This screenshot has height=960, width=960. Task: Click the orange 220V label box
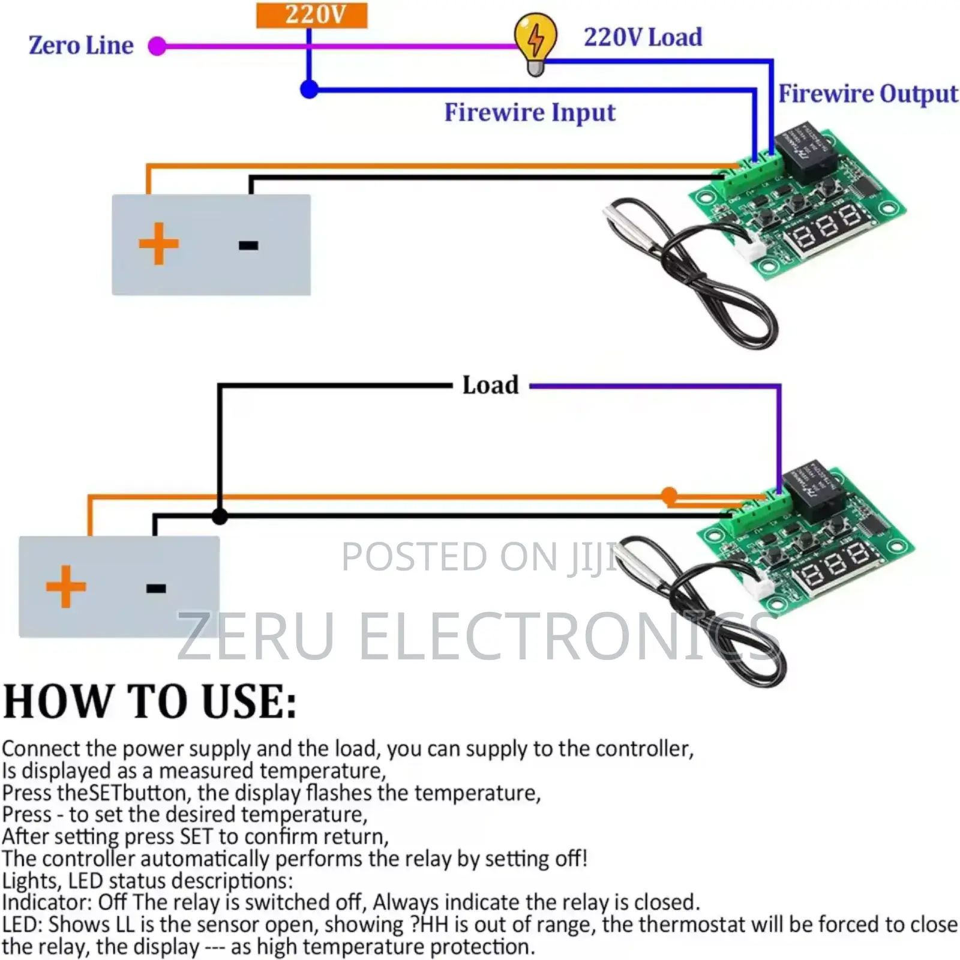tap(311, 15)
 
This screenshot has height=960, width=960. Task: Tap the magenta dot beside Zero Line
tap(157, 46)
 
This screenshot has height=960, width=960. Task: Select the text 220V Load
tap(643, 37)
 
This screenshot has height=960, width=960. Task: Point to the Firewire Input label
tap(530, 112)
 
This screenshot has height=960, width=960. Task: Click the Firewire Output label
tap(868, 94)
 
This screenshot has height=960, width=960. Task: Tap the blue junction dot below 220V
tap(309, 89)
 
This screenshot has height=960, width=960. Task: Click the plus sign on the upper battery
tap(158, 244)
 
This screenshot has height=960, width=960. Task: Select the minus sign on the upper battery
tap(248, 245)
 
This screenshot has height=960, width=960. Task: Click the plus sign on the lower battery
tap(66, 586)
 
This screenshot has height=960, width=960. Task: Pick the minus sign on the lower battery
tap(156, 588)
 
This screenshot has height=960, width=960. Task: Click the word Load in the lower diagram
tap(490, 385)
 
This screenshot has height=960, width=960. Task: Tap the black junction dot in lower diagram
tap(220, 515)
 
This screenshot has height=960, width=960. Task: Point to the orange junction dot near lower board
tap(669, 496)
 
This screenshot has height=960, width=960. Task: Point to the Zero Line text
tap(81, 46)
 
